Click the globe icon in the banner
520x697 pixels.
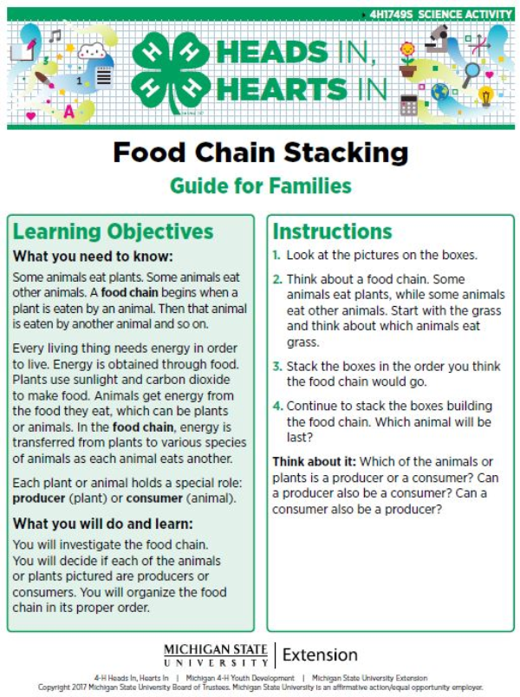click(441, 92)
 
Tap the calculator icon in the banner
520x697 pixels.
click(408, 105)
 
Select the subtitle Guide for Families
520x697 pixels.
click(260, 186)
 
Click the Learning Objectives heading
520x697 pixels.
click(113, 232)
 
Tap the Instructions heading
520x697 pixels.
click(332, 232)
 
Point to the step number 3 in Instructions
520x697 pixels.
click(276, 367)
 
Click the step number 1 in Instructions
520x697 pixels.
click(276, 256)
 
